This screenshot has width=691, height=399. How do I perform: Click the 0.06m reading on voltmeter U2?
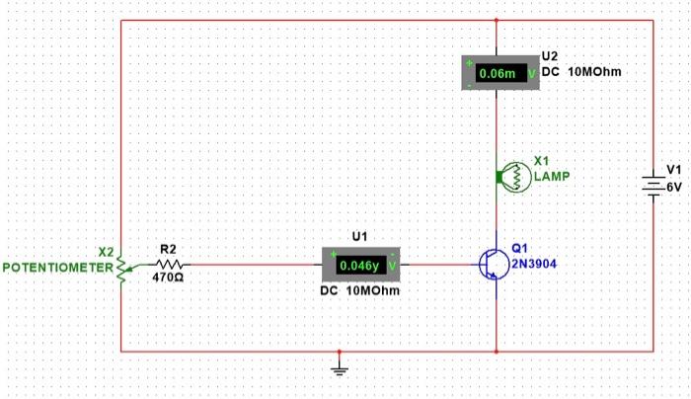click(497, 73)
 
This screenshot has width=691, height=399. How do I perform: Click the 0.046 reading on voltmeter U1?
click(356, 266)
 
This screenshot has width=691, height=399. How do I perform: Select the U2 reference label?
click(550, 57)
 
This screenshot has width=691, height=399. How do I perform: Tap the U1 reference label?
click(359, 237)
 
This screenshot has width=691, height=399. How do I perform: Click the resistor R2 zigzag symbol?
click(169, 265)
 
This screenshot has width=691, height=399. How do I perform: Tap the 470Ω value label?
click(169, 279)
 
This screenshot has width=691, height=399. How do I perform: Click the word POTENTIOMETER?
click(58, 268)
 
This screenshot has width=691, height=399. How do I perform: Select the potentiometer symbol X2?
click(120, 266)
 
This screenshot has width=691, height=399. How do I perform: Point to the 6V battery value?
click(673, 186)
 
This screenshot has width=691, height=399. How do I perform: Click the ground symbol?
click(339, 370)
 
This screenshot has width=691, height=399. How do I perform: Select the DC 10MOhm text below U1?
click(360, 292)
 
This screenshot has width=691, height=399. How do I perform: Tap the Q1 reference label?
click(520, 249)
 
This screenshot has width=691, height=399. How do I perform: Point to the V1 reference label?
click(674, 170)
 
